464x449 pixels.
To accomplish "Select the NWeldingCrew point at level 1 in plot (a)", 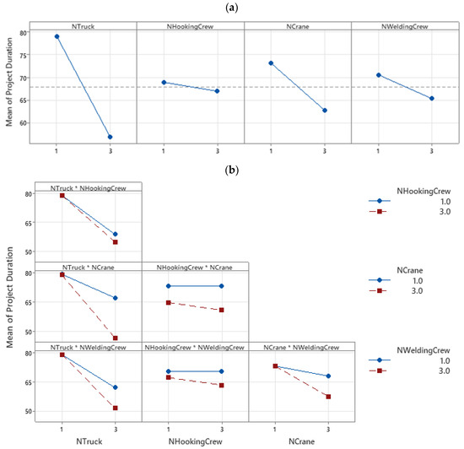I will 378,75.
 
